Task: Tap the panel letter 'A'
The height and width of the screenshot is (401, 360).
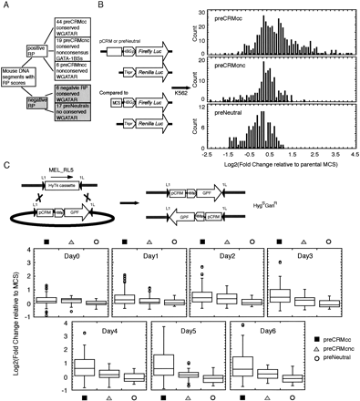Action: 7,7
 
